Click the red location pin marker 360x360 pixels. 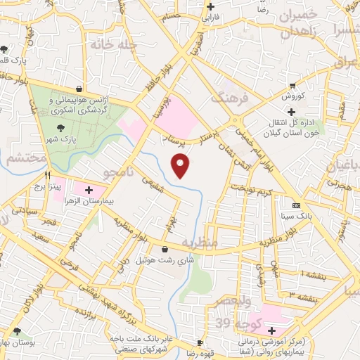[x=182, y=166]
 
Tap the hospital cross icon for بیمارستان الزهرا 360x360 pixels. [x=89, y=190]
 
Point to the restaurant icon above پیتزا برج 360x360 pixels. [x=47, y=176]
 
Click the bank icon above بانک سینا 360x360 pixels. [x=296, y=205]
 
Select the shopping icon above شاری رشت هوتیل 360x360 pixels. [x=165, y=249]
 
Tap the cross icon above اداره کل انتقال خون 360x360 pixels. [x=291, y=111]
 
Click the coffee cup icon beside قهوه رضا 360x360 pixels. [x=200, y=342]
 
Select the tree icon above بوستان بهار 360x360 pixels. [x=18, y=330]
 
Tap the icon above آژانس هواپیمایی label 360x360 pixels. [x=78, y=89]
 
